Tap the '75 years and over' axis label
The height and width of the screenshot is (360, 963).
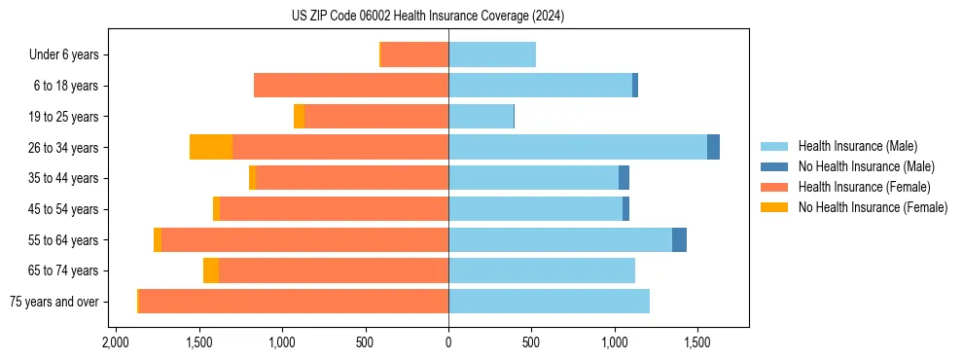tap(53, 302)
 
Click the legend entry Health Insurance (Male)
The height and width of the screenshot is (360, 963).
tap(857, 146)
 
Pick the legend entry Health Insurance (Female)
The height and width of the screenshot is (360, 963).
tap(864, 187)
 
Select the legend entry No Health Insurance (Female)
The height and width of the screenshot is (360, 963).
tap(873, 207)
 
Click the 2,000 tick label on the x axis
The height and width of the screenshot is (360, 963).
tap(116, 343)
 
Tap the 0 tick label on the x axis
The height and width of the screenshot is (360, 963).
tap(448, 343)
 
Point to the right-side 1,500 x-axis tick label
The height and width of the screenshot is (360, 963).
tap(697, 343)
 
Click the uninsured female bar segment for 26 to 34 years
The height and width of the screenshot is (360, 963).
tap(211, 147)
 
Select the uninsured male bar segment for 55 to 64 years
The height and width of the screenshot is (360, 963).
tap(679, 239)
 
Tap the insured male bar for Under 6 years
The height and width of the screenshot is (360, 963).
tap(492, 54)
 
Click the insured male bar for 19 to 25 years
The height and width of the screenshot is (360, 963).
tap(481, 117)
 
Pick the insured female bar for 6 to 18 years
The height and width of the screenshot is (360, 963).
tap(351, 86)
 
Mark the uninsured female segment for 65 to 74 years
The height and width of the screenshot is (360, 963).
tap(211, 270)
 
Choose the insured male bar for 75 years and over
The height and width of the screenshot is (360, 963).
tap(549, 302)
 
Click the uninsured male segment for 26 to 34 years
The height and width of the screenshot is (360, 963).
tap(713, 147)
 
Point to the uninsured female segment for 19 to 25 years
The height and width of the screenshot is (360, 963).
tap(300, 117)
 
